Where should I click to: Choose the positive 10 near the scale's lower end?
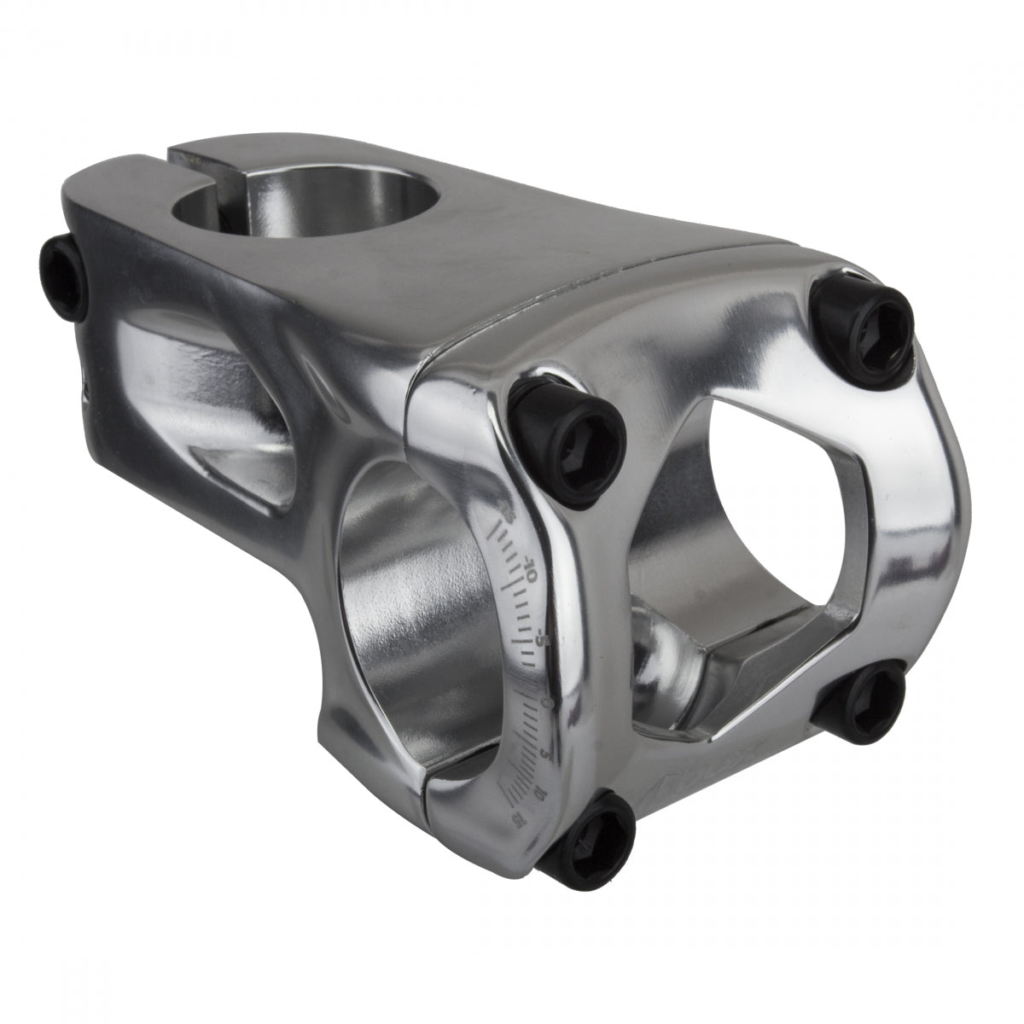tap(537, 793)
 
